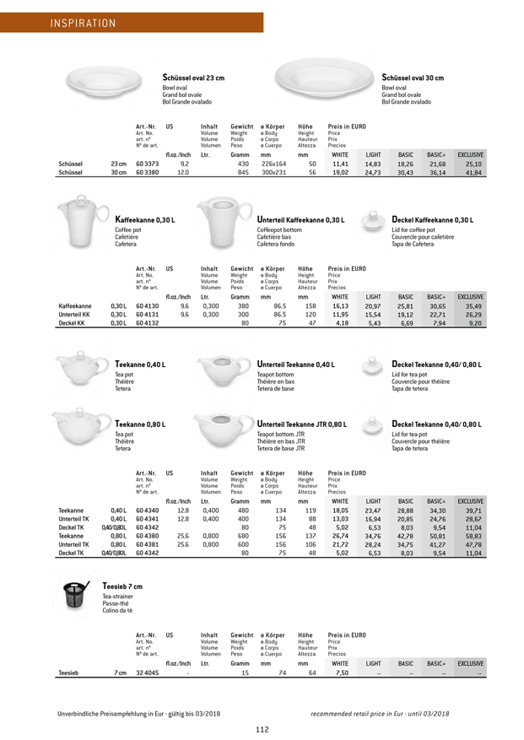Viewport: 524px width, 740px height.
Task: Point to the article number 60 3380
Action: click(147, 173)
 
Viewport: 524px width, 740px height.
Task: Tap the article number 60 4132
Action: click(147, 300)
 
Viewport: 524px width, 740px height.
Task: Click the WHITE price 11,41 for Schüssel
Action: click(340, 164)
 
